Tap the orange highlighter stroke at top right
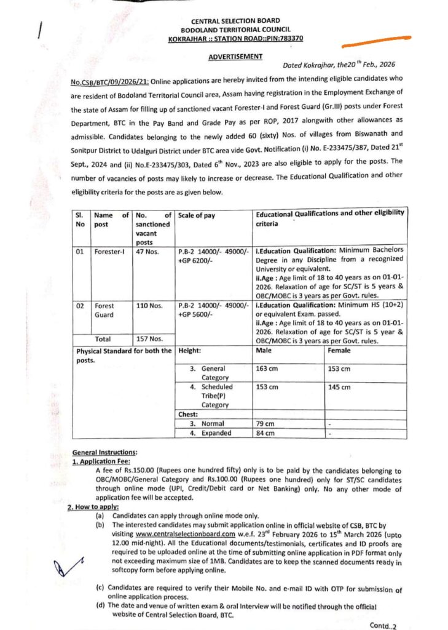click(378, 44)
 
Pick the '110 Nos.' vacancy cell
click(149, 305)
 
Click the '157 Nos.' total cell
click(149, 339)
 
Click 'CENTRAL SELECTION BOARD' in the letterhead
click(236, 21)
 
